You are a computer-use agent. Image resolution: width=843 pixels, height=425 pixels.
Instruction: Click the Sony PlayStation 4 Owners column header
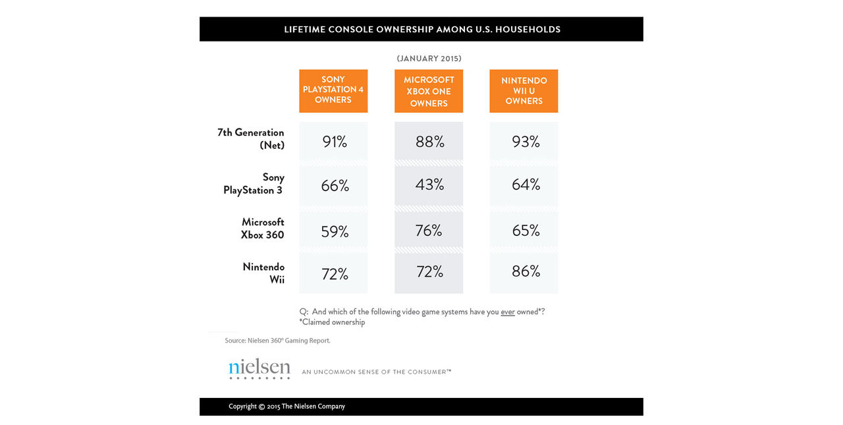pyautogui.click(x=333, y=90)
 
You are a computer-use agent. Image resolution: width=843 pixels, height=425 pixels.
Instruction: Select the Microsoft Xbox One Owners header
pyautogui.click(x=429, y=91)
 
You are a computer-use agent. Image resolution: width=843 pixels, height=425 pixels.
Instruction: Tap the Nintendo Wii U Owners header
pyautogui.click(x=524, y=91)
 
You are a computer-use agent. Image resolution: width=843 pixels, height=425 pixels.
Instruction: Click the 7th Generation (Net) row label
pyautogui.click(x=251, y=138)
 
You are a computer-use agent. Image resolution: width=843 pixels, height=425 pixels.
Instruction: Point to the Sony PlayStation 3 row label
pyautogui.click(x=254, y=184)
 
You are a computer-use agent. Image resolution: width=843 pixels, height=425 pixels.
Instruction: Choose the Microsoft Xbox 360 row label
pyautogui.click(x=263, y=229)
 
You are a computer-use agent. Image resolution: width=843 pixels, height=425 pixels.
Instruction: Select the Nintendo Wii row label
pyautogui.click(x=263, y=273)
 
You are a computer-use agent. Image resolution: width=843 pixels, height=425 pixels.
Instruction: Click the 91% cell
pyautogui.click(x=335, y=142)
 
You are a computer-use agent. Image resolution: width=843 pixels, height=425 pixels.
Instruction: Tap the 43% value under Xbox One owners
pyautogui.click(x=429, y=185)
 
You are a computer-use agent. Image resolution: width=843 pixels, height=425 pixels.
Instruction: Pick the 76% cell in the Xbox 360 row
pyautogui.click(x=429, y=231)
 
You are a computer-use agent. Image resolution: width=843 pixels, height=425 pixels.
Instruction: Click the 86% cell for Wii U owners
pyautogui.click(x=526, y=271)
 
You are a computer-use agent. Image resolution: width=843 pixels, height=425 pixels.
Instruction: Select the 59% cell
pyautogui.click(x=335, y=232)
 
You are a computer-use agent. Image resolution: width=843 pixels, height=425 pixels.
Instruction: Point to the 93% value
pyautogui.click(x=526, y=142)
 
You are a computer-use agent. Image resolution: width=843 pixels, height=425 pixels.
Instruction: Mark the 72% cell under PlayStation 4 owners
pyautogui.click(x=335, y=274)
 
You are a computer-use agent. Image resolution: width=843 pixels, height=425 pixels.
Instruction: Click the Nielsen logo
pyautogui.click(x=259, y=369)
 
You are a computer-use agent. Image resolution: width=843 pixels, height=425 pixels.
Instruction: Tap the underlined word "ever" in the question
pyautogui.click(x=507, y=312)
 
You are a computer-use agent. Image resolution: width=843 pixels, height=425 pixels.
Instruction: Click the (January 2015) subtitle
pyautogui.click(x=429, y=59)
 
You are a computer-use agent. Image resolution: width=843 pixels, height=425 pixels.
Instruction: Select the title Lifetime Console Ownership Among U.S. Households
pyautogui.click(x=422, y=30)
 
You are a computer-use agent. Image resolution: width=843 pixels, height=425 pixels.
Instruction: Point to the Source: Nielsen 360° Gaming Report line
pyautogui.click(x=277, y=341)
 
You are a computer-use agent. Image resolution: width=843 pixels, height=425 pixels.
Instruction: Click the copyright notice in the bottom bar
pyautogui.click(x=286, y=407)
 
